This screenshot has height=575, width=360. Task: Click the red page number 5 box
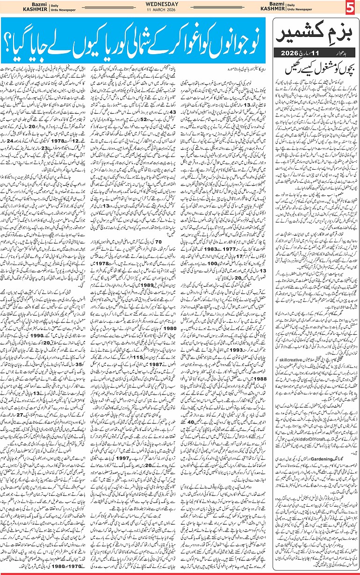pos(351,8)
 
